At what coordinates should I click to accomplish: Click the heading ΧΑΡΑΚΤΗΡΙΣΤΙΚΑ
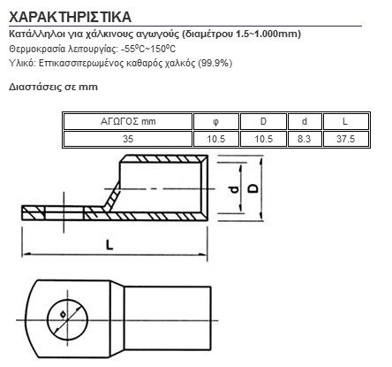point(70,17)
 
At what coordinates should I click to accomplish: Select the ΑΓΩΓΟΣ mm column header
point(128,121)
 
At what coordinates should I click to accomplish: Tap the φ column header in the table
point(215,121)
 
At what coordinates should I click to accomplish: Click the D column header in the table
point(263,121)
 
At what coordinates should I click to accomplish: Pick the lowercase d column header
point(305,121)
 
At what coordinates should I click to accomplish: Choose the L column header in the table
point(345,121)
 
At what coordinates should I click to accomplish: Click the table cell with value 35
point(128,139)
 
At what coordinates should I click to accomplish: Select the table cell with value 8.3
point(305,139)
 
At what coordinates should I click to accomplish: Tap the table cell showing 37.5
point(345,139)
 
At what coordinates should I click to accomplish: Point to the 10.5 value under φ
point(215,139)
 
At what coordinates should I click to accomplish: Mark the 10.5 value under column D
point(263,139)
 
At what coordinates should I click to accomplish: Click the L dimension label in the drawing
point(109,245)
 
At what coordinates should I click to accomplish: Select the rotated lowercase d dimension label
point(235,189)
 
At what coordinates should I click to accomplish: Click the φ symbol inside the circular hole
point(63,314)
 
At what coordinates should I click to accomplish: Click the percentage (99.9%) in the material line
point(215,63)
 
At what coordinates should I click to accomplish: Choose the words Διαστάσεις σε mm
point(53,87)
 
